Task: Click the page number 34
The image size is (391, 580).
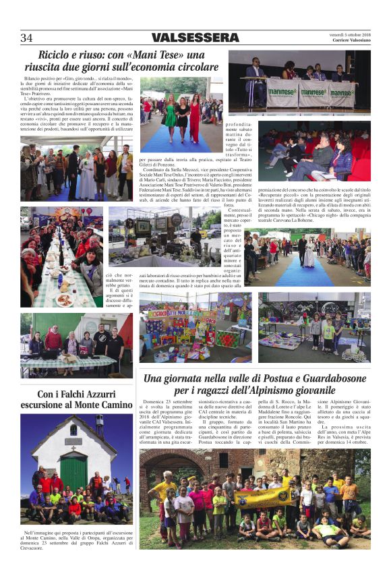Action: [26, 38]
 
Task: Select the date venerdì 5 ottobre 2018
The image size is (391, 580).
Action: [350, 34]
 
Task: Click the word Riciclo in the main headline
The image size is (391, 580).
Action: [57, 55]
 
